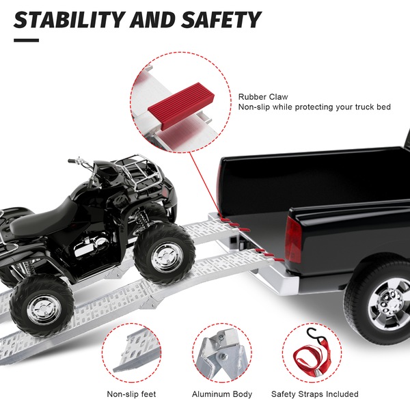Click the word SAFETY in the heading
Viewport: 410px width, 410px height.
point(221,20)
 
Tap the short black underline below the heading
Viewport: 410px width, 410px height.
point(26,40)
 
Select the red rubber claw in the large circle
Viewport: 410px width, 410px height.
point(181,106)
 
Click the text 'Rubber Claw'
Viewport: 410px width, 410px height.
point(263,97)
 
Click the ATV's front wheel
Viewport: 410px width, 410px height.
point(42,306)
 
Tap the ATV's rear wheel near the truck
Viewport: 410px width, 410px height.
point(164,254)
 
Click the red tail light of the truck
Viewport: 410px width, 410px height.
point(293,239)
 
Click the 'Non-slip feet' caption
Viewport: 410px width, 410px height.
point(131,394)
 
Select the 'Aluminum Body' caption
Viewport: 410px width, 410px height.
point(222,394)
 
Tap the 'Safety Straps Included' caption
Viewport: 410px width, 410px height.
point(314,394)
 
